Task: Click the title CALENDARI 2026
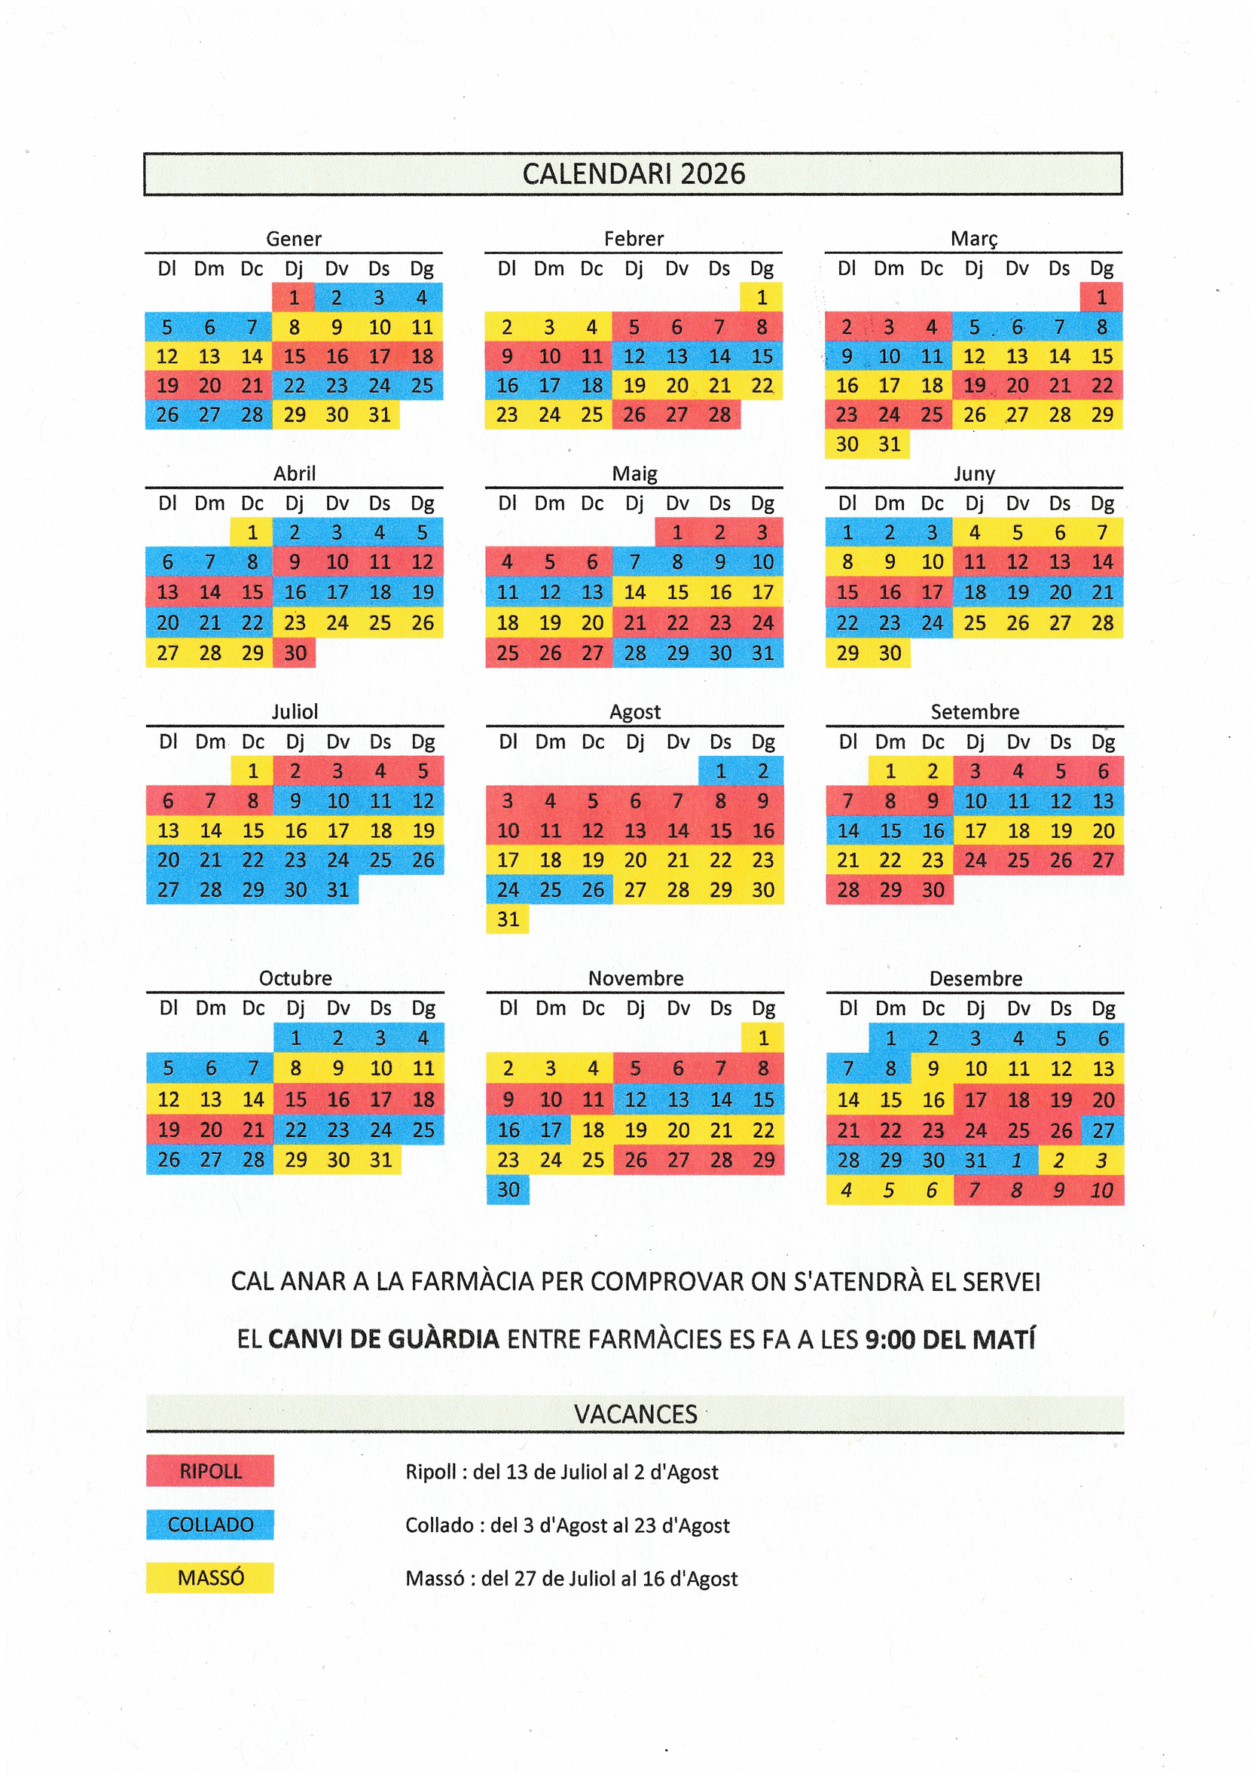point(634,173)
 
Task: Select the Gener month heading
point(293,239)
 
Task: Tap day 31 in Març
point(889,444)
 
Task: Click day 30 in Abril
point(295,653)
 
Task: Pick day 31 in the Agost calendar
point(508,919)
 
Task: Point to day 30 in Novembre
point(508,1189)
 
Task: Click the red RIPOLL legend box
point(210,1471)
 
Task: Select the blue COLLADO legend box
point(210,1525)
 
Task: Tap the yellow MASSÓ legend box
point(210,1577)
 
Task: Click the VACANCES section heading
point(635,1414)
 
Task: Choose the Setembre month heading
point(974,711)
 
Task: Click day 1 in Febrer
point(761,297)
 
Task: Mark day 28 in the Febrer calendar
point(719,414)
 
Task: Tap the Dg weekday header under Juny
point(1102,503)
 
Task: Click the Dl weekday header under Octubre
point(168,1008)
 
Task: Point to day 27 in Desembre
point(1103,1130)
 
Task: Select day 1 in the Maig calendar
point(676,533)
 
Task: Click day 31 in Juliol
point(337,890)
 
